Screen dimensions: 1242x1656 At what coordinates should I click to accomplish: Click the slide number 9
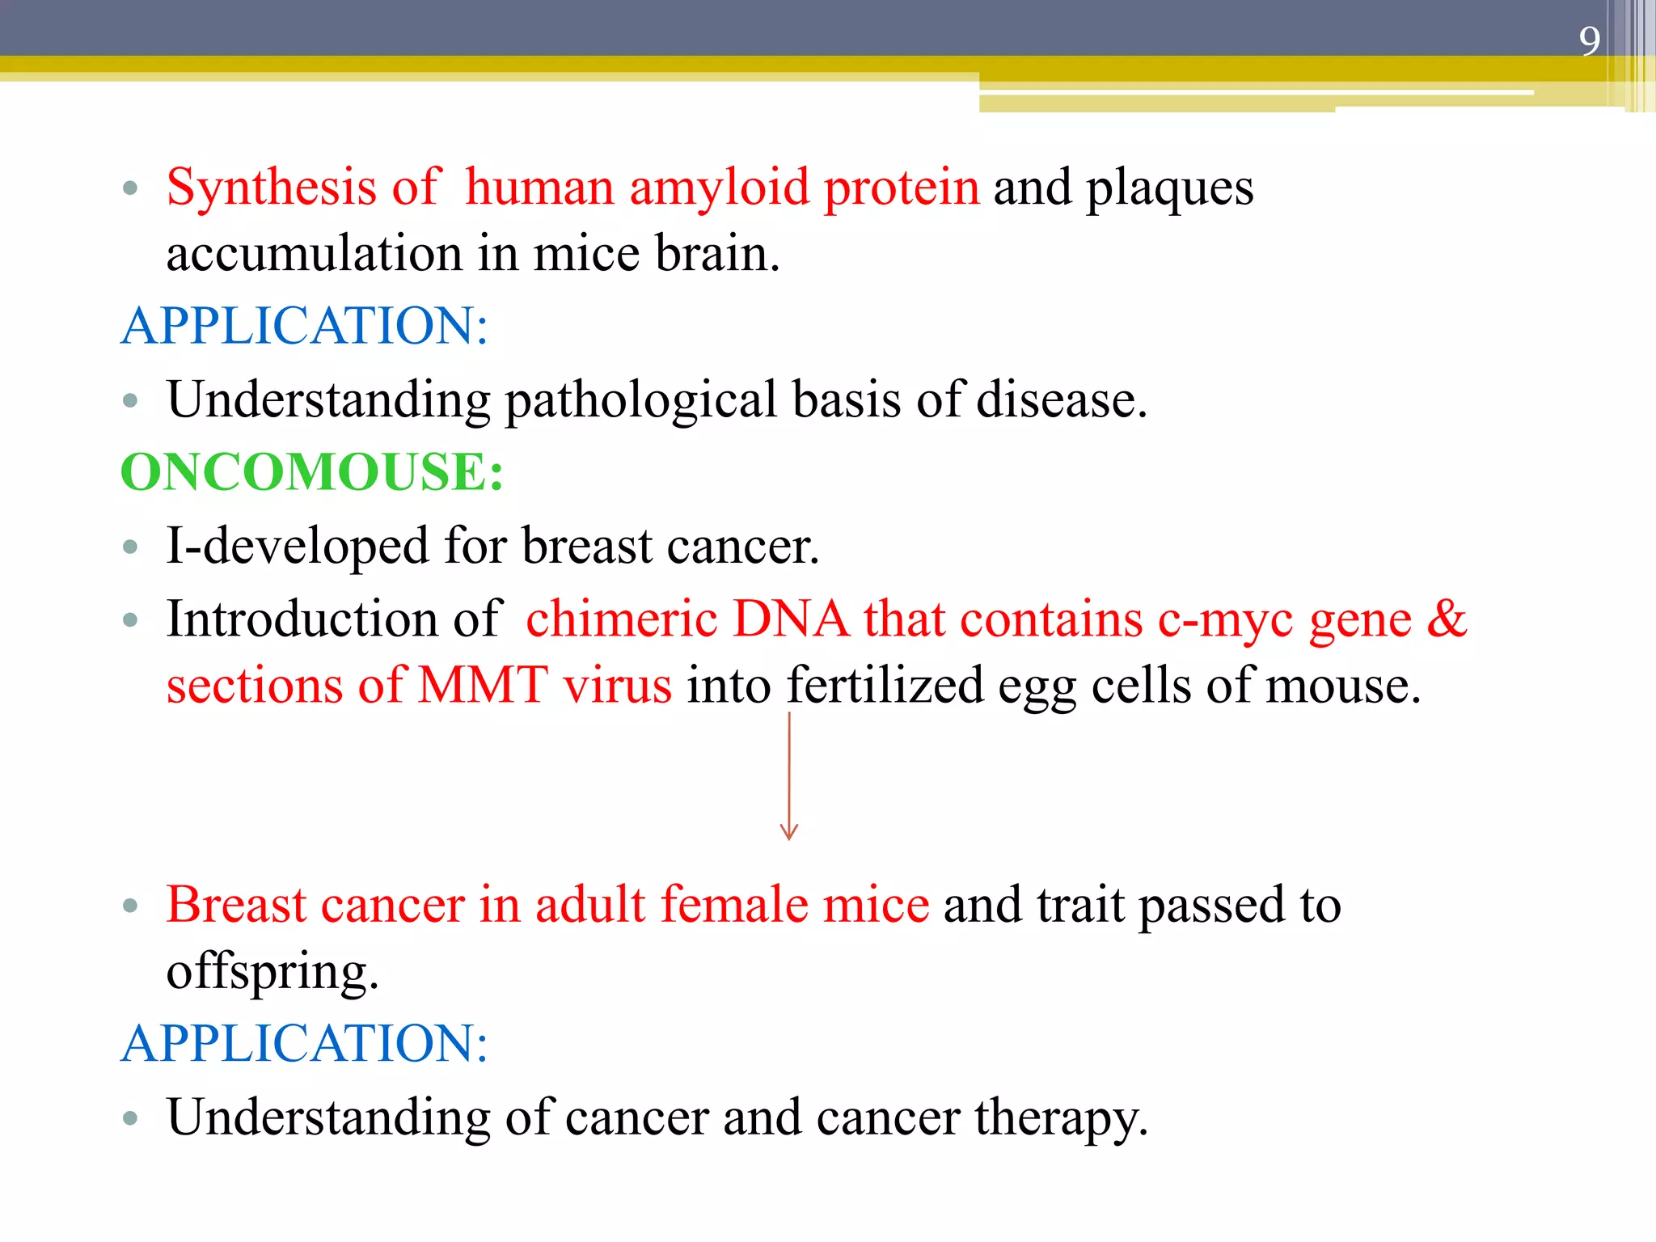(x=1589, y=41)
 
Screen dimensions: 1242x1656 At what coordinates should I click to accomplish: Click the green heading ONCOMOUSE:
(x=311, y=472)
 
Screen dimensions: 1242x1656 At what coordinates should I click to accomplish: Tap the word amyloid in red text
(x=719, y=188)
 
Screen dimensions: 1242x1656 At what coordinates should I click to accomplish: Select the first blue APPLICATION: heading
(x=304, y=326)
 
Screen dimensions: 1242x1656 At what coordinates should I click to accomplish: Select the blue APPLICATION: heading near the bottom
(x=304, y=1043)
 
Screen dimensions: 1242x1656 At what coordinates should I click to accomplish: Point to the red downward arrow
(x=789, y=776)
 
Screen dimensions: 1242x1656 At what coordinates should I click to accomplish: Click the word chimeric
(x=621, y=619)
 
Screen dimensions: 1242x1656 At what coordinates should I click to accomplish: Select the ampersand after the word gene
(x=1447, y=619)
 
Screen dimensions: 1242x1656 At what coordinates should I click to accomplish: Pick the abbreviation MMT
(x=483, y=686)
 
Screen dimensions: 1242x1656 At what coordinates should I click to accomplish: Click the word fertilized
(x=885, y=686)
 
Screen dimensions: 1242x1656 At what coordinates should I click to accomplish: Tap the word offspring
(x=271, y=972)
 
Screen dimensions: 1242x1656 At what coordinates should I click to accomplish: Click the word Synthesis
(x=271, y=188)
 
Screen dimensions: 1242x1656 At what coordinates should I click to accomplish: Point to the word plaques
(x=1169, y=188)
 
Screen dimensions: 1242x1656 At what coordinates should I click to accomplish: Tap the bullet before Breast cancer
(x=130, y=906)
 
